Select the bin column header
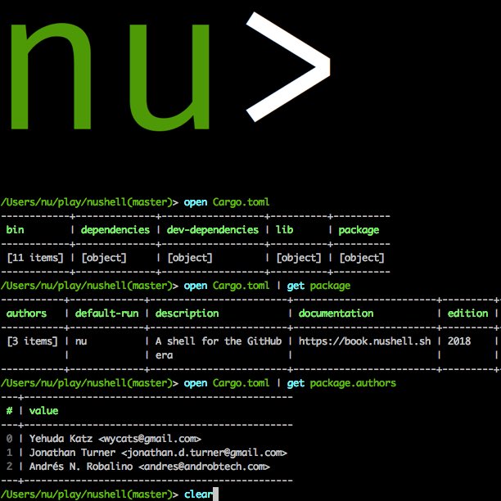pyautogui.click(x=16, y=230)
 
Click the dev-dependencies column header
pyautogui.click(x=213, y=230)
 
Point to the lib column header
pyautogui.click(x=285, y=230)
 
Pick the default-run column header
pyautogui.click(x=106, y=314)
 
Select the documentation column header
pyautogui.click(x=336, y=314)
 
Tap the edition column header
pyautogui.click(x=467, y=314)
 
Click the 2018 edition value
pyautogui.click(x=460, y=341)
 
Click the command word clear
pyautogui.click(x=199, y=494)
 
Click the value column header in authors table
pyautogui.click(x=43, y=411)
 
